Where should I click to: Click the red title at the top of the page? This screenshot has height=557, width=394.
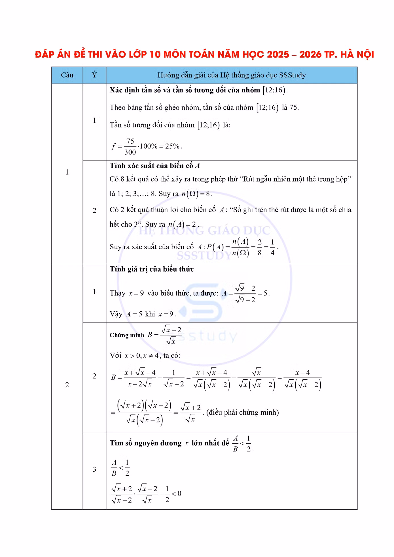tap(204, 54)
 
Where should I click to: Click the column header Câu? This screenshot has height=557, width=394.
tap(67, 75)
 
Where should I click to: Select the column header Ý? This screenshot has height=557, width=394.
tap(94, 75)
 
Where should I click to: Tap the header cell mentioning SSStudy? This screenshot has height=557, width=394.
tap(231, 75)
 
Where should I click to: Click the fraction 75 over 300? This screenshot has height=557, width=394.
tap(130, 146)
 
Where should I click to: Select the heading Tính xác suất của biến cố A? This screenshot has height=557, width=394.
tap(155, 166)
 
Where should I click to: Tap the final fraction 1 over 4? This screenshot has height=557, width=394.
tap(272, 247)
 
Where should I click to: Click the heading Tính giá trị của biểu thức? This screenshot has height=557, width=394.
tap(152, 269)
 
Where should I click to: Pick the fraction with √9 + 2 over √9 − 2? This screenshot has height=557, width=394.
tap(245, 294)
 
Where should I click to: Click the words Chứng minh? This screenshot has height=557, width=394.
tap(127, 335)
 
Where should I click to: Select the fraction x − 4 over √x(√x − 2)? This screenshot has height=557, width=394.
tap(302, 379)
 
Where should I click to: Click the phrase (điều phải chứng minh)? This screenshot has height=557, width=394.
tap(243, 412)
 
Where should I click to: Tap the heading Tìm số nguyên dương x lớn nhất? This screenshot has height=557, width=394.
tap(169, 443)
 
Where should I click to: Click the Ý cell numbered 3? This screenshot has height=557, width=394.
tap(94, 469)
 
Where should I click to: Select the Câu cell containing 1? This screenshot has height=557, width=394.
tap(67, 172)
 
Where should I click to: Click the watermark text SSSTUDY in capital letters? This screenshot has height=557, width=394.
tap(204, 256)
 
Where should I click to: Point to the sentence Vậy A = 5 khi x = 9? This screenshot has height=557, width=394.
tap(143, 314)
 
